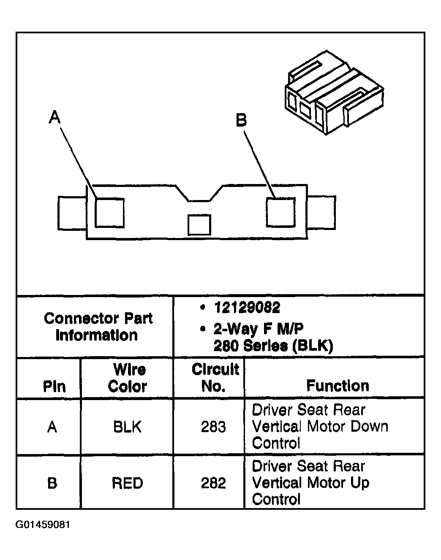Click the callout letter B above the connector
click(x=241, y=121)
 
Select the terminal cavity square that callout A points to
click(x=109, y=212)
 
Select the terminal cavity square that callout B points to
click(x=280, y=212)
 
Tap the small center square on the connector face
click(x=199, y=225)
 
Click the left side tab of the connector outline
click(x=72, y=213)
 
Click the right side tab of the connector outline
click(x=322, y=213)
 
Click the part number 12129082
click(x=247, y=308)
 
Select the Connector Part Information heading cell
click(x=98, y=327)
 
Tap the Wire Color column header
click(x=128, y=378)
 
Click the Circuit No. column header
click(x=215, y=378)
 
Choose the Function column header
click(x=338, y=385)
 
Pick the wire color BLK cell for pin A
click(x=128, y=427)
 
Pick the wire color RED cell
click(x=128, y=483)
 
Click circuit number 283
click(x=213, y=427)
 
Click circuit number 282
click(x=213, y=483)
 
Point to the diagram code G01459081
click(x=43, y=525)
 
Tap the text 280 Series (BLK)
click(x=273, y=346)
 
